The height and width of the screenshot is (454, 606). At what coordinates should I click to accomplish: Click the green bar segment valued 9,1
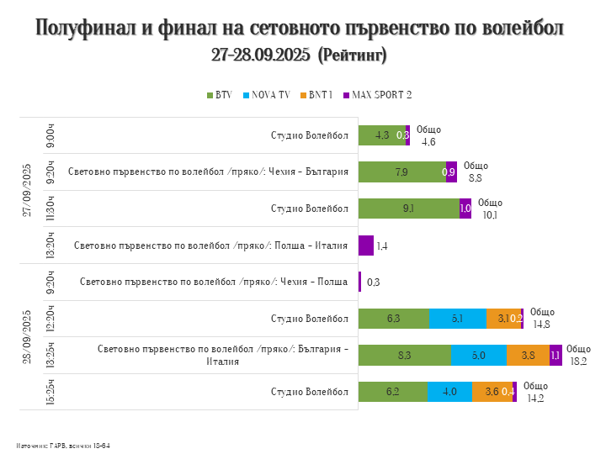click(x=408, y=209)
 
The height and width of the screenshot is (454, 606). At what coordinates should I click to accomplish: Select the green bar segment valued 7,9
click(x=401, y=172)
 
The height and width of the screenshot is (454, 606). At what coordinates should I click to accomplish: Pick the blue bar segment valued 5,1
click(x=457, y=319)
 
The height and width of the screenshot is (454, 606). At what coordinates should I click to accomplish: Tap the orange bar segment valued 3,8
click(x=528, y=355)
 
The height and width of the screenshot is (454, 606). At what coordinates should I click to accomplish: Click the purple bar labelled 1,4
click(x=366, y=245)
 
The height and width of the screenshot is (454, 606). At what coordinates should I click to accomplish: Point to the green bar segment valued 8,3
click(x=404, y=355)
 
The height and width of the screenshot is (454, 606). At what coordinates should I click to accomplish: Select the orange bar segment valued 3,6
click(x=492, y=392)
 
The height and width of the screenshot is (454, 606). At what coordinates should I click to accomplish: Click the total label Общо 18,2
click(x=578, y=355)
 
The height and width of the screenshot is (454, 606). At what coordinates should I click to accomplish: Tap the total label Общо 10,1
click(x=490, y=209)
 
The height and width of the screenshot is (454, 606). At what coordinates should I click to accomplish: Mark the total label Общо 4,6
click(x=428, y=135)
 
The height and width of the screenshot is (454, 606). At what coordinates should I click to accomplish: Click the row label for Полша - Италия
click(x=210, y=245)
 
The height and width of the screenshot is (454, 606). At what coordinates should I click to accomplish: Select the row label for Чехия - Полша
click(x=214, y=282)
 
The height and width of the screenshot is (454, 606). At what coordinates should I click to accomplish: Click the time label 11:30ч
click(x=50, y=209)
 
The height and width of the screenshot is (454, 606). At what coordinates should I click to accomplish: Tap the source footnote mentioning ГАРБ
click(x=62, y=445)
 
